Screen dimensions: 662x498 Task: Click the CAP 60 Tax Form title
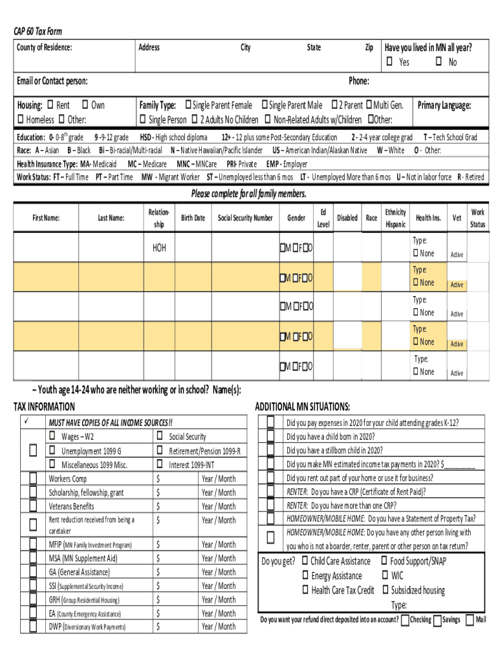tap(39, 32)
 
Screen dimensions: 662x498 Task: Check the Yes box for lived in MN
tap(390, 62)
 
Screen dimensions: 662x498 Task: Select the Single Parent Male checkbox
tap(265, 105)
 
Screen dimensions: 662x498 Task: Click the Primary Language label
tap(444, 105)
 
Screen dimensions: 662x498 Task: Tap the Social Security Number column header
tap(245, 218)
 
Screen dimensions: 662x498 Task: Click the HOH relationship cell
tap(159, 248)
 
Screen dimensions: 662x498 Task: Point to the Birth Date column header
tap(193, 218)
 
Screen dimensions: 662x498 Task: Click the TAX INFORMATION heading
tap(44, 407)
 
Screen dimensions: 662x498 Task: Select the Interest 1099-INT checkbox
tap(159, 464)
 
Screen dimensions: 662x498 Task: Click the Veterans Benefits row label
tap(71, 506)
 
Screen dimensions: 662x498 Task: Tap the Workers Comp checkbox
tap(32, 479)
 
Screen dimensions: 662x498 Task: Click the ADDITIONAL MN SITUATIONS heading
tap(302, 407)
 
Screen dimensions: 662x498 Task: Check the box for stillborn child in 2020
tap(270, 451)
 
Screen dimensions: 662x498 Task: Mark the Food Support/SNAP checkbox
tap(384, 561)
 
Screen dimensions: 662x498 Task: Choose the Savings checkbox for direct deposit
tap(437, 621)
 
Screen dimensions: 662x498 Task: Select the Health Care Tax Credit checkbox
tap(305, 590)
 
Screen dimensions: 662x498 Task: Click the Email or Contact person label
tap(52, 81)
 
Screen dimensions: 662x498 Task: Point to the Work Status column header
tap(477, 218)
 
